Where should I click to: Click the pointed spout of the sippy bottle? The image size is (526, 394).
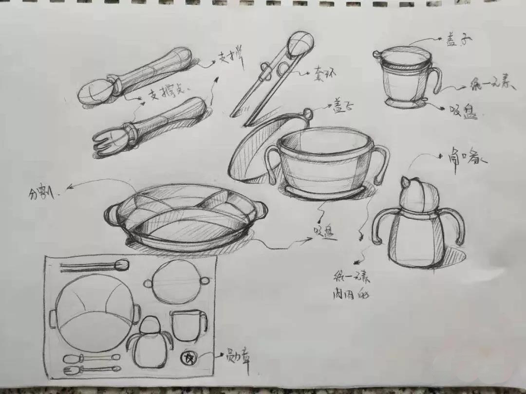coord(404,183)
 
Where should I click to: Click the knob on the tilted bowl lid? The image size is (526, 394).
coord(308,114)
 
